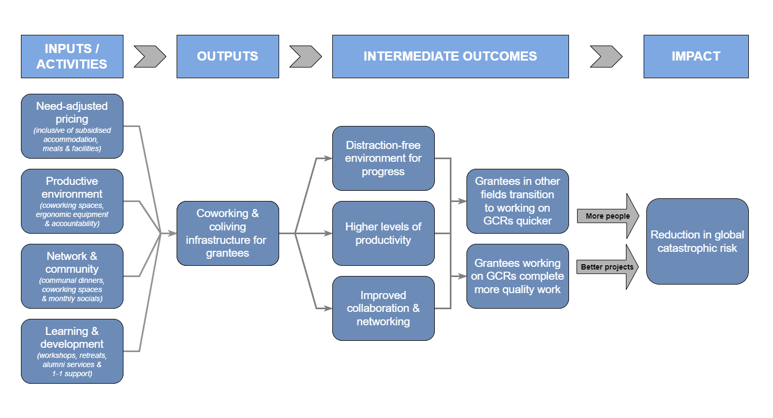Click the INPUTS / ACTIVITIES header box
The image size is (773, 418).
point(72,56)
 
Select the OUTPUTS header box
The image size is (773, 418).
point(228,56)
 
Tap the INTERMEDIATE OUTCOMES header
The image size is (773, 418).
point(450,56)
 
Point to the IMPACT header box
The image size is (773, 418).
point(696,56)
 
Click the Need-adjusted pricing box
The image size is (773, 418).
point(72,126)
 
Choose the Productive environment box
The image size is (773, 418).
point(72,201)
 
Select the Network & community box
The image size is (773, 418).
point(72,276)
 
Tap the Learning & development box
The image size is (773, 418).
point(72,351)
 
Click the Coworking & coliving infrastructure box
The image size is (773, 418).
point(228,233)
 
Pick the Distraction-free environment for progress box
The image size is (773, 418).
point(383,158)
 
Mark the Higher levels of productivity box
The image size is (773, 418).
point(383,233)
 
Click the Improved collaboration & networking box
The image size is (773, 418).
point(383,308)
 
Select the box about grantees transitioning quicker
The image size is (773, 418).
point(517,201)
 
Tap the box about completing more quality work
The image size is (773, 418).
point(517,276)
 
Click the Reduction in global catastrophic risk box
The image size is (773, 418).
point(697,241)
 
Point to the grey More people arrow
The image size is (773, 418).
point(608,216)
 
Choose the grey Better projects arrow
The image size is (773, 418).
point(608,267)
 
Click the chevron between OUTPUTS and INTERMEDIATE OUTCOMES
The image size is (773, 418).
point(305,56)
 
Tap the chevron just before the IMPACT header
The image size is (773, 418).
point(606,56)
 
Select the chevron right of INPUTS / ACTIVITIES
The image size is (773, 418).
point(150,56)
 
